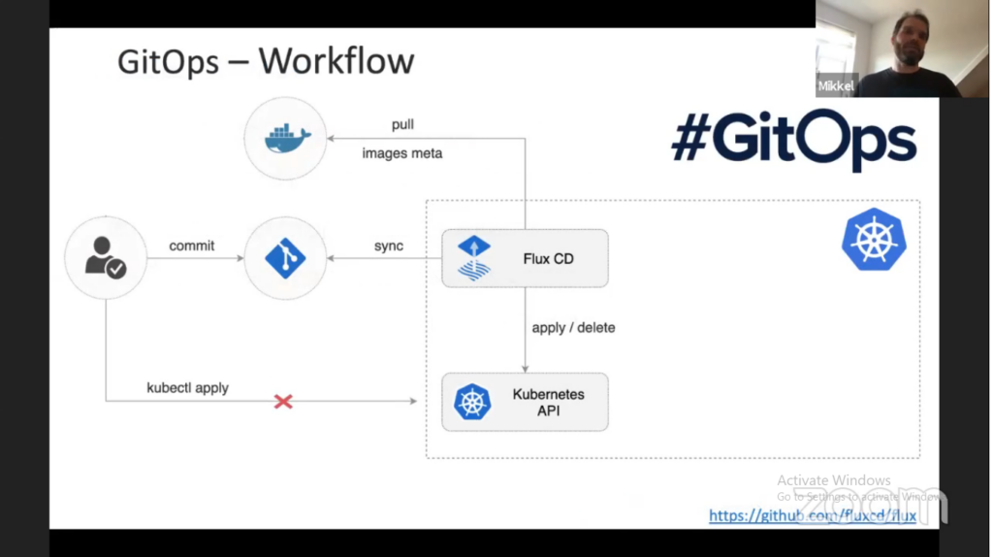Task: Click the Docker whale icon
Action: (x=286, y=138)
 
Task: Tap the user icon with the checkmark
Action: (x=106, y=258)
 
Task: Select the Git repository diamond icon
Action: (x=285, y=258)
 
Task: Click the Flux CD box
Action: (x=525, y=258)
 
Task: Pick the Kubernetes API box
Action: (x=525, y=402)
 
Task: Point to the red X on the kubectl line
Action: (x=283, y=401)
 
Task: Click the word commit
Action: (x=192, y=246)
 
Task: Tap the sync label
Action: (x=389, y=246)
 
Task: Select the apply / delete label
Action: (x=573, y=328)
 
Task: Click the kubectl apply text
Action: (x=187, y=387)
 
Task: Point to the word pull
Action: (x=402, y=125)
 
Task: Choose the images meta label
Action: (x=401, y=153)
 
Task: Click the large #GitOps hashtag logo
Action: (x=793, y=139)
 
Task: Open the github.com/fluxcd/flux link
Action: (x=812, y=516)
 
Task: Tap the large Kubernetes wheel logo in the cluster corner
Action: (x=874, y=240)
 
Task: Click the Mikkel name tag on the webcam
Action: (x=836, y=86)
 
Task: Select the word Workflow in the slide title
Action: (x=336, y=61)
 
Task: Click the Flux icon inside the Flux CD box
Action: (x=474, y=258)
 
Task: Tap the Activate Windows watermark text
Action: (x=833, y=480)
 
